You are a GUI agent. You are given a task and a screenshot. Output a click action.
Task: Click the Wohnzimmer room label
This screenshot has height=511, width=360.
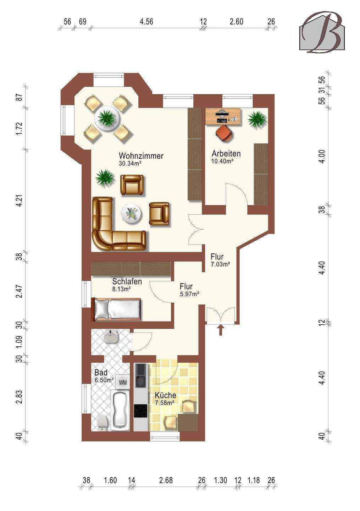(141, 156)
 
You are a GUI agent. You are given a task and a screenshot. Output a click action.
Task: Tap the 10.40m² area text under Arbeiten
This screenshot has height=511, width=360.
(222, 161)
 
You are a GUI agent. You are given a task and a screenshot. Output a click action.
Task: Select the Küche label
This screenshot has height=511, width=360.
(165, 395)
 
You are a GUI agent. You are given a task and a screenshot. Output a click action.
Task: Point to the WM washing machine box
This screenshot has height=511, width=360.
(123, 382)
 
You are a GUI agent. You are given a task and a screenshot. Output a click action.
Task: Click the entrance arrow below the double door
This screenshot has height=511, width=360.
(221, 330)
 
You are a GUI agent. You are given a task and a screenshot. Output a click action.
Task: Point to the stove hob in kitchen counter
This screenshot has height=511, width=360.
(140, 411)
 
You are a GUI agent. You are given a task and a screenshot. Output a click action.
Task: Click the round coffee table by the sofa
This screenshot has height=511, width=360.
(132, 214)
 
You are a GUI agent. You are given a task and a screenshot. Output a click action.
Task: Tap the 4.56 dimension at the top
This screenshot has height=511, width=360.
(146, 22)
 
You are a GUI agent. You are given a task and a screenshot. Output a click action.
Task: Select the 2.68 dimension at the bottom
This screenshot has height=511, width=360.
(166, 480)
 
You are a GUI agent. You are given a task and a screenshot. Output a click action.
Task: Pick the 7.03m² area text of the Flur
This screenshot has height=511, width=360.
(221, 264)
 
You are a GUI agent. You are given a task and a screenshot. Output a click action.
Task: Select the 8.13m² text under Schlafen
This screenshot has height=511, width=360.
(122, 289)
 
